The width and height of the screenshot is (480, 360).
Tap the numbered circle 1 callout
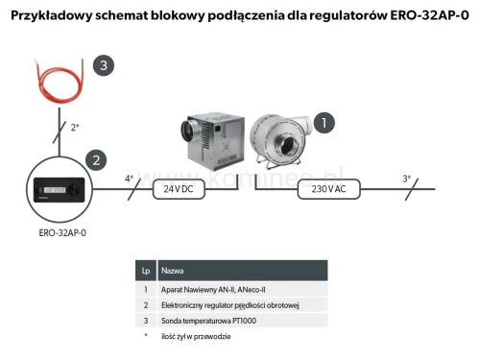point(325,122)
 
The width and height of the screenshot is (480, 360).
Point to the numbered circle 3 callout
point(103,65)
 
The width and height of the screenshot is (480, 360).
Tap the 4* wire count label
point(130,178)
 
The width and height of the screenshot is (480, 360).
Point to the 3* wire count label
point(406,178)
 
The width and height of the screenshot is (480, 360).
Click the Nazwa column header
point(174,271)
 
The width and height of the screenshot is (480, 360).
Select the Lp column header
point(146,271)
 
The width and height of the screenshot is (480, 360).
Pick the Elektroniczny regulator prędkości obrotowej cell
point(230,304)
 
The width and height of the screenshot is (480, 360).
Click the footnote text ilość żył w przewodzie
point(196,337)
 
